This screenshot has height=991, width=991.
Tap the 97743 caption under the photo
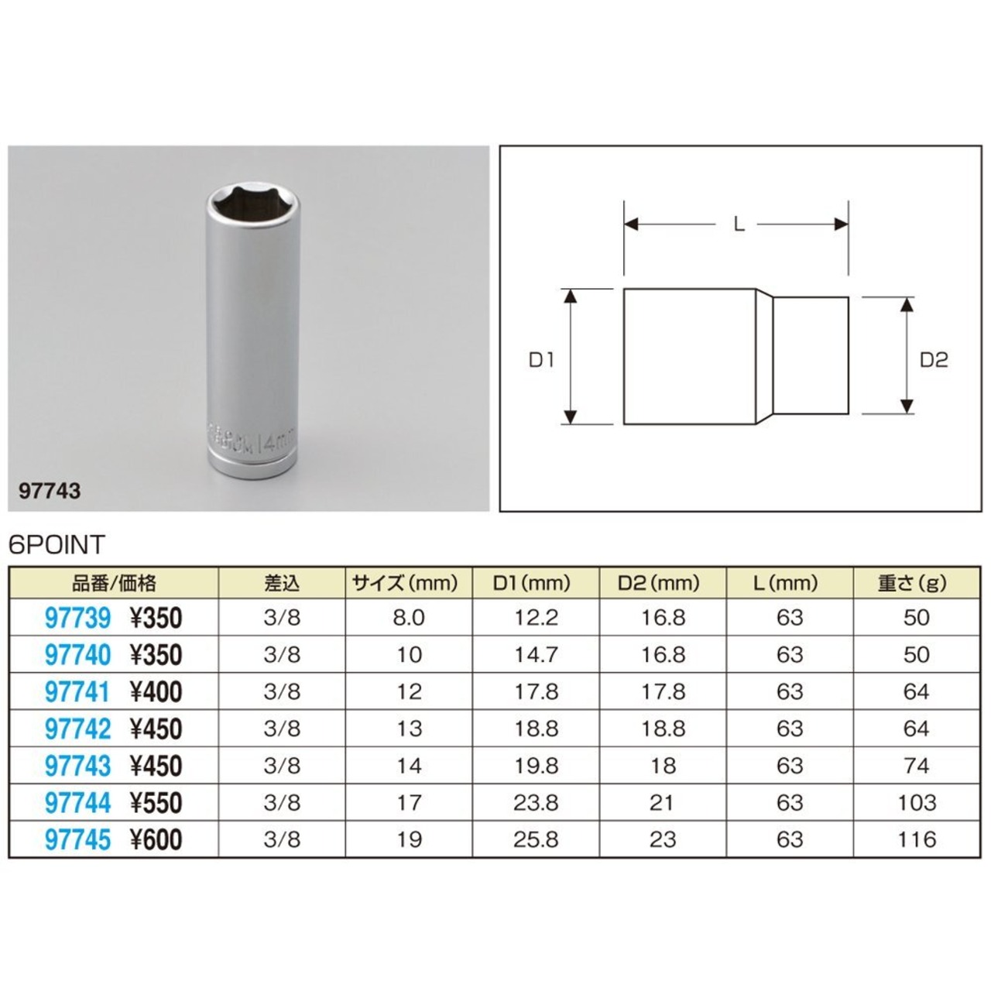click(50, 491)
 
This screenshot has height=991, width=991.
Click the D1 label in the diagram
click(541, 361)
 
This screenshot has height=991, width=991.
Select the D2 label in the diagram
click(934, 360)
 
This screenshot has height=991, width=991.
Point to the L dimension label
click(739, 225)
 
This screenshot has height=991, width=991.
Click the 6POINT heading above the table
click(57, 544)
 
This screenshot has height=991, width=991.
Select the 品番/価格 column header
click(114, 583)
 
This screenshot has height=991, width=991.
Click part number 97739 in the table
click(77, 618)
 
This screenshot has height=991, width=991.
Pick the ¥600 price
click(156, 839)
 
